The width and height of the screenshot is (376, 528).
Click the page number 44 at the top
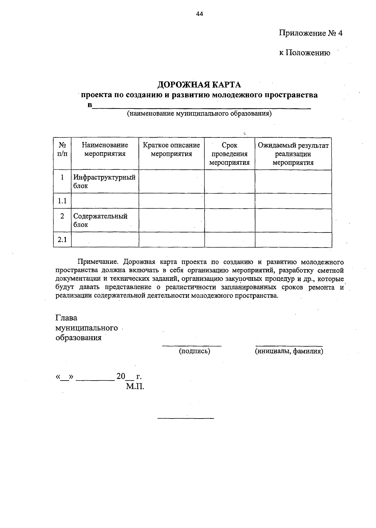200,13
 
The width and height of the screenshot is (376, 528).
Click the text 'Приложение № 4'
311,33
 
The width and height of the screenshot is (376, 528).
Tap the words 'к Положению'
305,53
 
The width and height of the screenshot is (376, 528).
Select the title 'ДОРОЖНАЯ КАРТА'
199,85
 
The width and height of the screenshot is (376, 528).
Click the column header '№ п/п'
62,149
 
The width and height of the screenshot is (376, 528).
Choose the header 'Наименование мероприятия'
105,149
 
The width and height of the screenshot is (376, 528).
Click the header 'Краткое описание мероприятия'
171,149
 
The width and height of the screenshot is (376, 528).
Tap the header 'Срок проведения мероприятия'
229,154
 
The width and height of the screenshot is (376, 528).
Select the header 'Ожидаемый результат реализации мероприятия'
293,154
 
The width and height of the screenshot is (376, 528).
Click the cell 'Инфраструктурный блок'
104,181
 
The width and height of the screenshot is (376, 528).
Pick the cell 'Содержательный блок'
100,220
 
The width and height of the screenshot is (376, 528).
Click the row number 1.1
62,201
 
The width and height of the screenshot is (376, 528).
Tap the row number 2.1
62,240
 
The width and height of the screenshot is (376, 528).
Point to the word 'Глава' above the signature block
66,318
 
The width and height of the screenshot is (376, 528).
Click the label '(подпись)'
194,351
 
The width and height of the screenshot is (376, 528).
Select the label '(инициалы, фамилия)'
289,351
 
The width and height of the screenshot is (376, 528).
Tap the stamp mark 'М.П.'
135,386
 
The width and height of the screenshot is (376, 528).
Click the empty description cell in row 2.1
171,240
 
